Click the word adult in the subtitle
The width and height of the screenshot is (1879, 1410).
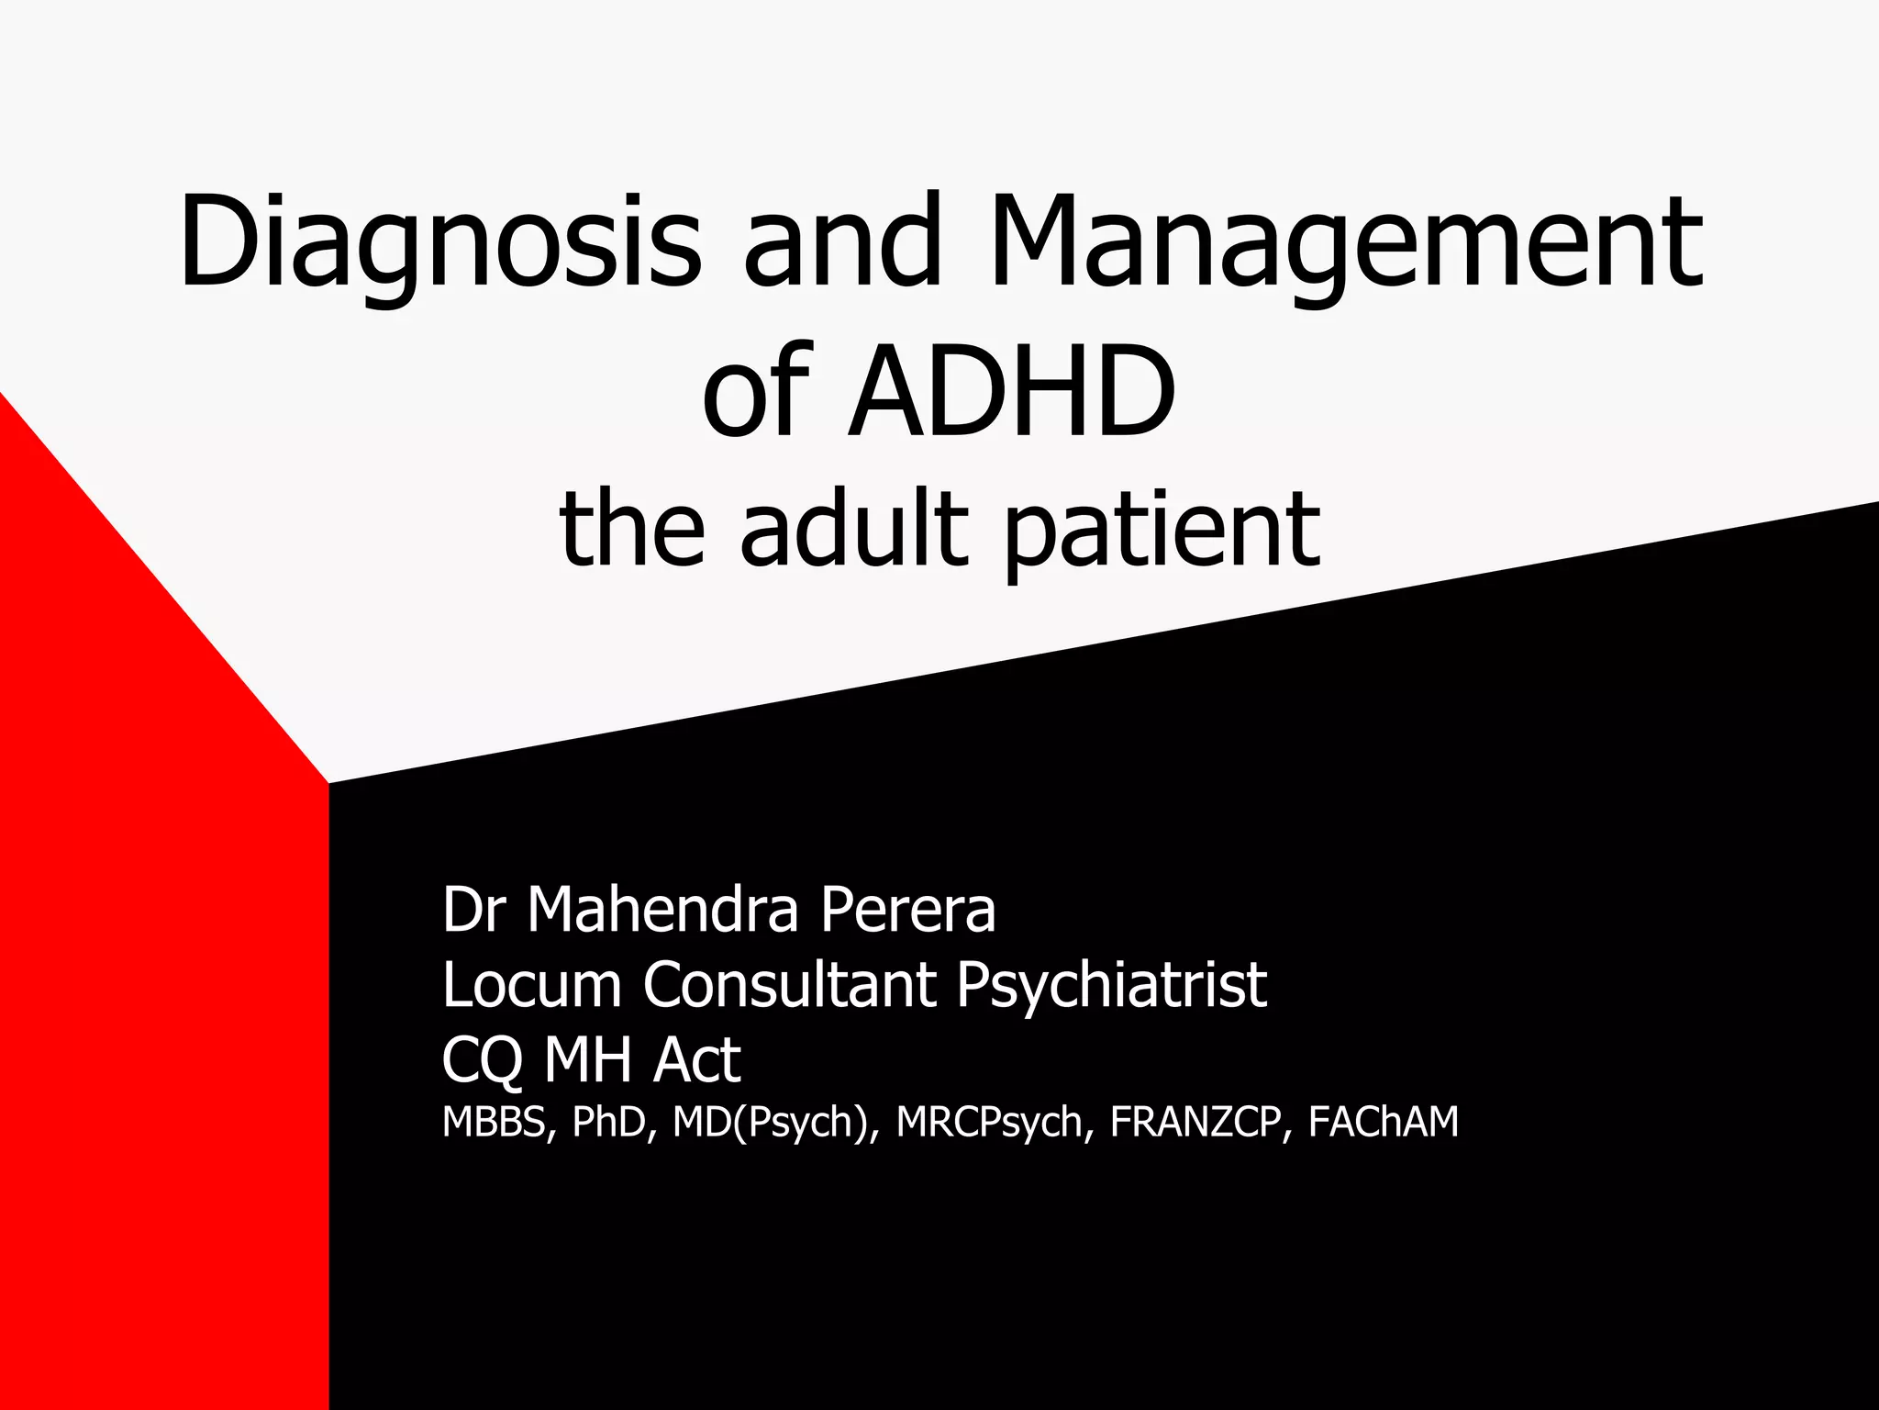[854, 530]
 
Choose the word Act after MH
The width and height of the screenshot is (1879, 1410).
[696, 1059]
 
